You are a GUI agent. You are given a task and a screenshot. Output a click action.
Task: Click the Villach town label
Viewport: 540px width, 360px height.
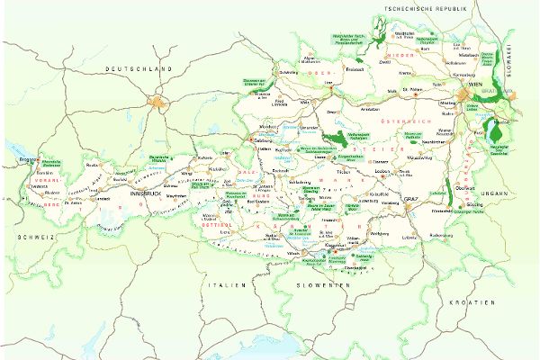point(293,254)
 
